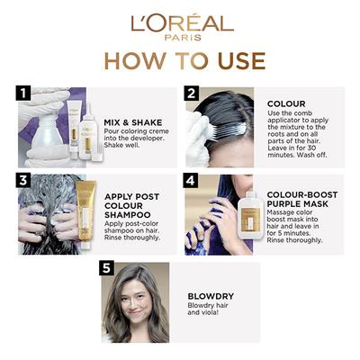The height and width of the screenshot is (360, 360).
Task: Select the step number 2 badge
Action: pos(191,93)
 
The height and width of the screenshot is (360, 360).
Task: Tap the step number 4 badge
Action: pos(191,179)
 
